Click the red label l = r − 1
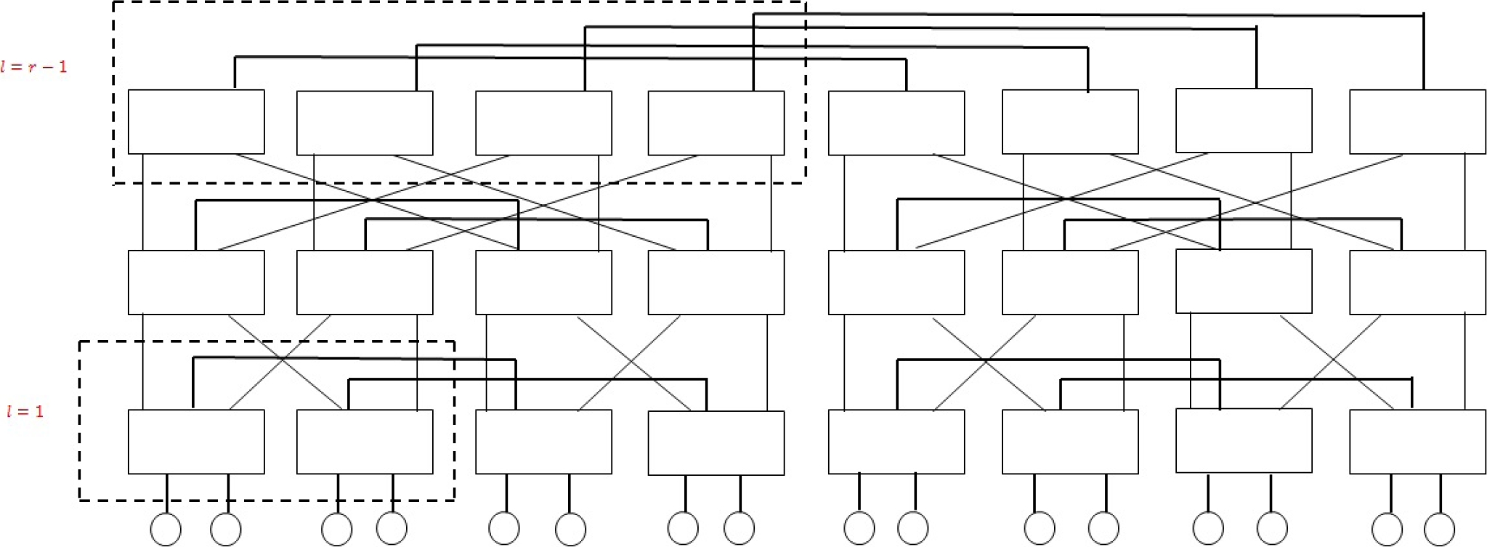tap(34, 67)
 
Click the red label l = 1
tap(25, 412)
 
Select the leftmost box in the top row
tap(196, 122)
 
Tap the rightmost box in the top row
tap(1417, 122)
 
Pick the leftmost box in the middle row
tap(196, 283)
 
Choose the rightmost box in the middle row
tap(1417, 283)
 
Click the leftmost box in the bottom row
tap(196, 442)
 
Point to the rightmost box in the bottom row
tap(1417, 442)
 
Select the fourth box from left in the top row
tap(716, 123)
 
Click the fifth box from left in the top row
tap(896, 123)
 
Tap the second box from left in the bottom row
tap(365, 442)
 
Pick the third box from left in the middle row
tap(543, 283)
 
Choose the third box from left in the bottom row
tap(543, 442)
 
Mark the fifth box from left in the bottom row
tap(896, 442)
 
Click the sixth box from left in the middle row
tap(1070, 283)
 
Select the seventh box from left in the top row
tap(1244, 121)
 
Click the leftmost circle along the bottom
tap(166, 530)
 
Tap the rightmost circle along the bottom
tap(1440, 529)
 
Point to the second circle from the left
tap(226, 530)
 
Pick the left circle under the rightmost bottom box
tap(1387, 529)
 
